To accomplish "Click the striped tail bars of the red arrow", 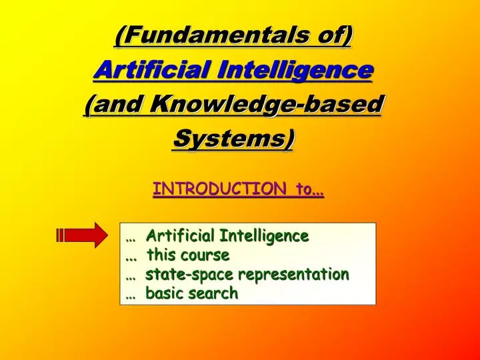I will pyautogui.click(x=60, y=235).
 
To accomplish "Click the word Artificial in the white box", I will pyautogui.click(x=181, y=235).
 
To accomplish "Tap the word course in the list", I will pyautogui.click(x=207, y=255).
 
